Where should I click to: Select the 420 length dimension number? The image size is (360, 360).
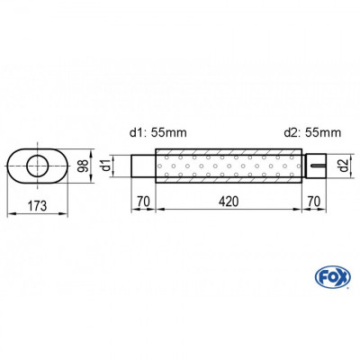229,202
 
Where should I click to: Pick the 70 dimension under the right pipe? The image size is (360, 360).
313,202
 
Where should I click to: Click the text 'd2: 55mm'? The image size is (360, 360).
310,132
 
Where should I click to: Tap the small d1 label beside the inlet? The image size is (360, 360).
107,166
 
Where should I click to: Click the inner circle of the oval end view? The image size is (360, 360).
39,165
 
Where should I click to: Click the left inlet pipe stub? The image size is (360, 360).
143,166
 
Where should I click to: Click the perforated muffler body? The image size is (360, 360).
229,166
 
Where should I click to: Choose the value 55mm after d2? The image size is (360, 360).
323,132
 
